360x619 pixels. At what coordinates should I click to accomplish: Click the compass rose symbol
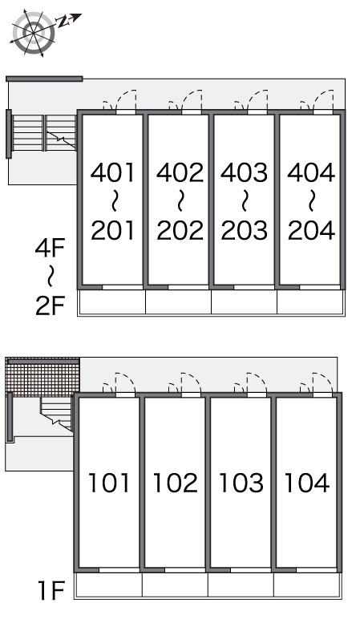[33, 33]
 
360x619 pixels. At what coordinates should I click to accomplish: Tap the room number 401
[112, 172]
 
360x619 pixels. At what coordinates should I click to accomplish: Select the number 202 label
[180, 230]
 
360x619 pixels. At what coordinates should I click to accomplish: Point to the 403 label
[245, 172]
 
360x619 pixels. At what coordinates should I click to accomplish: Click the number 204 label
[311, 230]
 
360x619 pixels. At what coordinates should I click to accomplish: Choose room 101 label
[109, 483]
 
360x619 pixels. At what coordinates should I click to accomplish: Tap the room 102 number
[176, 483]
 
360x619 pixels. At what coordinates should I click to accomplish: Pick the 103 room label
[241, 483]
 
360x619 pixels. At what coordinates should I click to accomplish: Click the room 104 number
[307, 483]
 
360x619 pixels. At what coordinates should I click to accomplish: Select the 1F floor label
[51, 591]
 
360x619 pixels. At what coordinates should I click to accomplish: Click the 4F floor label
[50, 248]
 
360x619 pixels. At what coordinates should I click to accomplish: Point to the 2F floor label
[50, 305]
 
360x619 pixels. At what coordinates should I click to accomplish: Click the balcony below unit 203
[244, 302]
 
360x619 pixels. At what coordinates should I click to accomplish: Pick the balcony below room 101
[108, 585]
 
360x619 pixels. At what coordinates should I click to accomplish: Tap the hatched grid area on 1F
[42, 374]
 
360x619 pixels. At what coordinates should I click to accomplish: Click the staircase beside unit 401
[43, 133]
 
